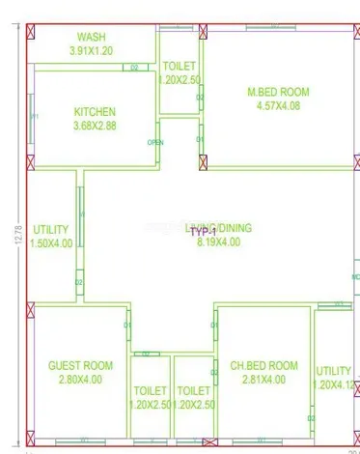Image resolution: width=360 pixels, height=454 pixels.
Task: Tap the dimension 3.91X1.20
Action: coord(92,49)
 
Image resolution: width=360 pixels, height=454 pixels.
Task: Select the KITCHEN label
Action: coord(94,112)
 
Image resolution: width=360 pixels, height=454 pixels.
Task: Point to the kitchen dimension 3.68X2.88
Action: coord(94,126)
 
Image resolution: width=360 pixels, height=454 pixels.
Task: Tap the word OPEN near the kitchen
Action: coord(155,143)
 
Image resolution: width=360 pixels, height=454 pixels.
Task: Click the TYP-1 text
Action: coord(200,233)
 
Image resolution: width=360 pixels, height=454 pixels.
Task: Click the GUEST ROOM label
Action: coord(80,366)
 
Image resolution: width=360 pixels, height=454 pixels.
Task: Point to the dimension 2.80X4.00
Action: coord(80,380)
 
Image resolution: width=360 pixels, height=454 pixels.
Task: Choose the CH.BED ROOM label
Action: coord(263,366)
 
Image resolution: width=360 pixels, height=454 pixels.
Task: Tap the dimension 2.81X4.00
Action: coord(263,380)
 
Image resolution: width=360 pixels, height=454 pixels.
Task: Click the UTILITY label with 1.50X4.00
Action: coord(51,230)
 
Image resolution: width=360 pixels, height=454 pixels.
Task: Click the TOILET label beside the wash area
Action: coord(180,66)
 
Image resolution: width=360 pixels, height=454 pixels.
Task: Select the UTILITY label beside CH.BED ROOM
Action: coord(334,371)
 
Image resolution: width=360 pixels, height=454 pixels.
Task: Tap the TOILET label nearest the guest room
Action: coord(150,391)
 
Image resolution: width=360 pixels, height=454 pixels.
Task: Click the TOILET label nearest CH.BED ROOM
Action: coord(194,391)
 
